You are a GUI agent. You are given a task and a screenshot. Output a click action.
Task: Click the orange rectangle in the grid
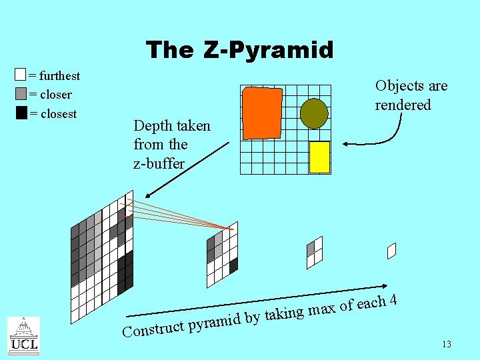pos(262,113)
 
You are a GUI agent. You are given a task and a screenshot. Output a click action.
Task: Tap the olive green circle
pos(313,113)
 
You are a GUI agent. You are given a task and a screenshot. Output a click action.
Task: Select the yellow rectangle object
pos(320,157)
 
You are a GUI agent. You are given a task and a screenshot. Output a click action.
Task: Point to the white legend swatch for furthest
pos(21,75)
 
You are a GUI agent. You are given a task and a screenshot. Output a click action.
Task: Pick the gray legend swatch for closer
pos(21,94)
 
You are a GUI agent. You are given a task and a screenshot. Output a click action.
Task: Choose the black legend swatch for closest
pos(21,113)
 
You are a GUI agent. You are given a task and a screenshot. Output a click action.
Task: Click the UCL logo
pos(23,336)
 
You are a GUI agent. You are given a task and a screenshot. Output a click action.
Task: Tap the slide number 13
pos(446,344)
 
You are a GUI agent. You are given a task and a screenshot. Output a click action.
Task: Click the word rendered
pos(403,105)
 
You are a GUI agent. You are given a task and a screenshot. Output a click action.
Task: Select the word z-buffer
pos(159,163)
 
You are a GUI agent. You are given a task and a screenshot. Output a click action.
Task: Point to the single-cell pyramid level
pos(391,251)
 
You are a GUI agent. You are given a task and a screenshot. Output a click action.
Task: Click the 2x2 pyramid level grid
pos(314,253)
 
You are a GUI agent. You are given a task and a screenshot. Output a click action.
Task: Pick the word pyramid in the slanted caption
pos(214,321)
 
